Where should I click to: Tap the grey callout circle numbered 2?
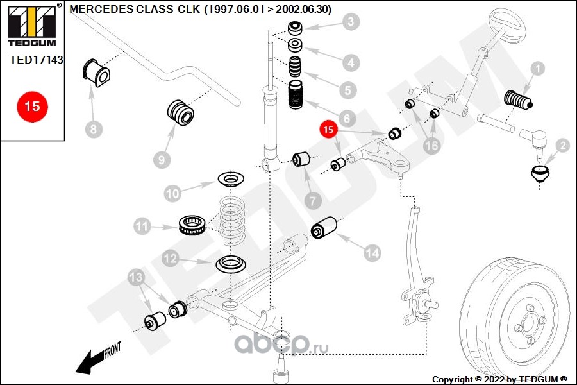click(562, 146)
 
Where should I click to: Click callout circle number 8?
click(93, 130)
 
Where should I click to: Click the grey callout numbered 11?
click(142, 226)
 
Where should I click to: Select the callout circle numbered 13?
click(137, 277)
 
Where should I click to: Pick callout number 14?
click(371, 253)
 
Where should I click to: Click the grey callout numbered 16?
click(432, 146)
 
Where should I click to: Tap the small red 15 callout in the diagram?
click(329, 130)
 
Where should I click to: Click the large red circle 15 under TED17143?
click(32, 106)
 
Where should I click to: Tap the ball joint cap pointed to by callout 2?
click(541, 173)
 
